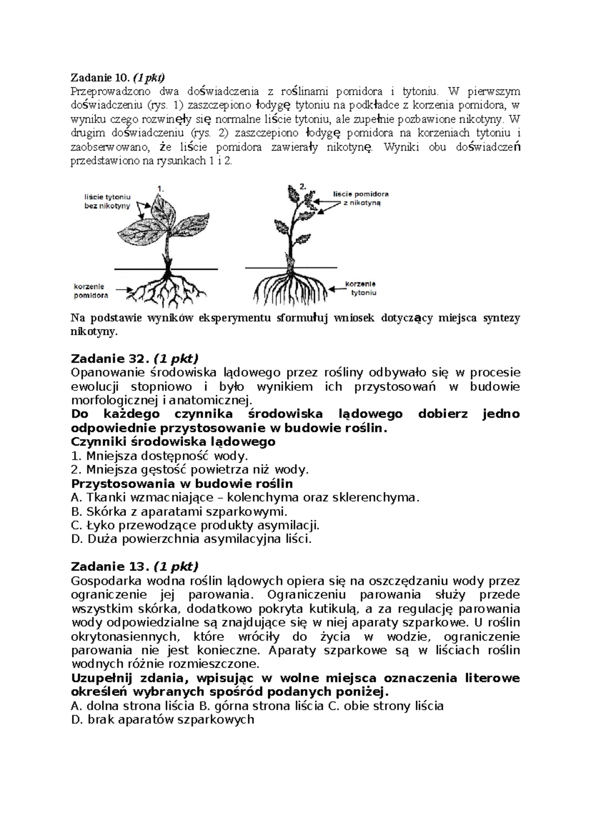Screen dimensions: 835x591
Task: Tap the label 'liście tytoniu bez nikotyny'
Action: [107, 201]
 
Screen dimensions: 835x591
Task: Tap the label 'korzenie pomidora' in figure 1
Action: [91, 290]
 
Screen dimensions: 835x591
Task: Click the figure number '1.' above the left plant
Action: [160, 188]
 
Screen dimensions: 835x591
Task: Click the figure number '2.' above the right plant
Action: [303, 187]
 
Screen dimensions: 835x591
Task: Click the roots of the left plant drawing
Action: [165, 288]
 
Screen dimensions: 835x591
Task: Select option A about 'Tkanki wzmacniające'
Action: [245, 497]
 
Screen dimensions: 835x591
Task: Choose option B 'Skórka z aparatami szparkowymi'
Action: [179, 511]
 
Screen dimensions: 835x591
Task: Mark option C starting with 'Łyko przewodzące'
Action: [195, 525]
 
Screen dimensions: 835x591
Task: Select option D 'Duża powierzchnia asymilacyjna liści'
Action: [192, 539]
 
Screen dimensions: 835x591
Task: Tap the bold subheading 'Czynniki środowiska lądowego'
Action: [173, 442]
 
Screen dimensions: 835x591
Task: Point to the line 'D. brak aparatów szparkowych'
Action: [163, 719]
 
